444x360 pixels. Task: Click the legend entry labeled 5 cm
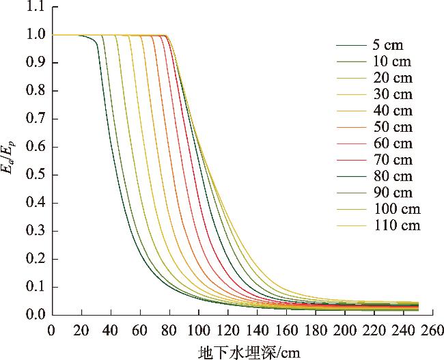click(387, 46)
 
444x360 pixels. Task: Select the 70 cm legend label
click(393, 160)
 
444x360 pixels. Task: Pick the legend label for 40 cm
click(393, 111)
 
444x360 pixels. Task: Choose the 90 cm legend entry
click(393, 193)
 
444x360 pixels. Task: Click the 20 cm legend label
click(393, 79)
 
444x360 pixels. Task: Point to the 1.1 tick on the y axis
click(33, 7)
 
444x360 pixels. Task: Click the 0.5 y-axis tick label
click(33, 175)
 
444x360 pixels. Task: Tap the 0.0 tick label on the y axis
click(33, 315)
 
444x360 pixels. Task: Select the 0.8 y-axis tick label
click(33, 91)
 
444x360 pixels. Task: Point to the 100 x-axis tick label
click(199, 330)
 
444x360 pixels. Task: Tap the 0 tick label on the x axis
click(51, 330)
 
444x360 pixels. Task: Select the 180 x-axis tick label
click(316, 330)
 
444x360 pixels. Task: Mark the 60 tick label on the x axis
click(140, 330)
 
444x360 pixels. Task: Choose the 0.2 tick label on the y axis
click(33, 259)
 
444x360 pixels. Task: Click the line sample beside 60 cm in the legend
click(352, 143)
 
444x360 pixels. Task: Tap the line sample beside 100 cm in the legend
click(352, 209)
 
